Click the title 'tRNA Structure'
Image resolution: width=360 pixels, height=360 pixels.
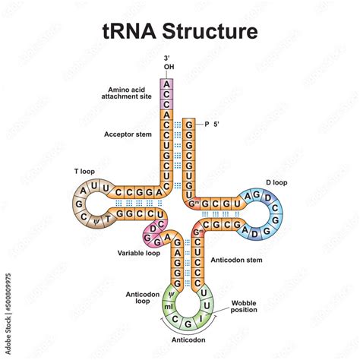180,32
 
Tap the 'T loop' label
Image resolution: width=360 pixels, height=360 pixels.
84,172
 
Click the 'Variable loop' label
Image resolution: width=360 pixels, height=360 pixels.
138,252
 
